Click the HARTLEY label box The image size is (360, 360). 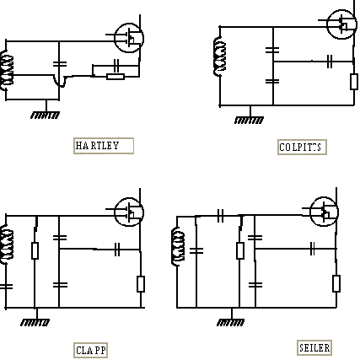pyautogui.click(x=104, y=146)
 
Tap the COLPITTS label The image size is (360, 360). pyautogui.click(x=302, y=147)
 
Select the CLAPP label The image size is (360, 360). pyautogui.click(x=90, y=350)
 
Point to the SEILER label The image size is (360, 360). pyautogui.click(x=314, y=348)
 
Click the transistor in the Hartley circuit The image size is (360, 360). pyautogui.click(x=129, y=38)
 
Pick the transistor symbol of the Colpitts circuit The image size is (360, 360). pyautogui.click(x=341, y=24)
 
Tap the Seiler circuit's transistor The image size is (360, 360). pyautogui.click(x=324, y=212)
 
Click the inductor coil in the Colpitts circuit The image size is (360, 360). pyautogui.click(x=219, y=56)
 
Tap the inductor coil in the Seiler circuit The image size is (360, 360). pyautogui.click(x=178, y=246)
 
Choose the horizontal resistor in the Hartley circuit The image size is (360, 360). pyautogui.click(x=116, y=77)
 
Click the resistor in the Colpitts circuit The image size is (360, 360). pyautogui.click(x=354, y=82)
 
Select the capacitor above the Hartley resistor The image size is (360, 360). pyautogui.click(x=116, y=65)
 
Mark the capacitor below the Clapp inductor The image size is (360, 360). pyautogui.click(x=6, y=287)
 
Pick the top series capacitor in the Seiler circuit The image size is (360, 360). pyautogui.click(x=221, y=216)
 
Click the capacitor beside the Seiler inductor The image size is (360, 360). pyautogui.click(x=196, y=250)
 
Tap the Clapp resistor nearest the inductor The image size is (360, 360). pyautogui.click(x=35, y=250)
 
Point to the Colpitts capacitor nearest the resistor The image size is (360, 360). pyautogui.click(x=330, y=62)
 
